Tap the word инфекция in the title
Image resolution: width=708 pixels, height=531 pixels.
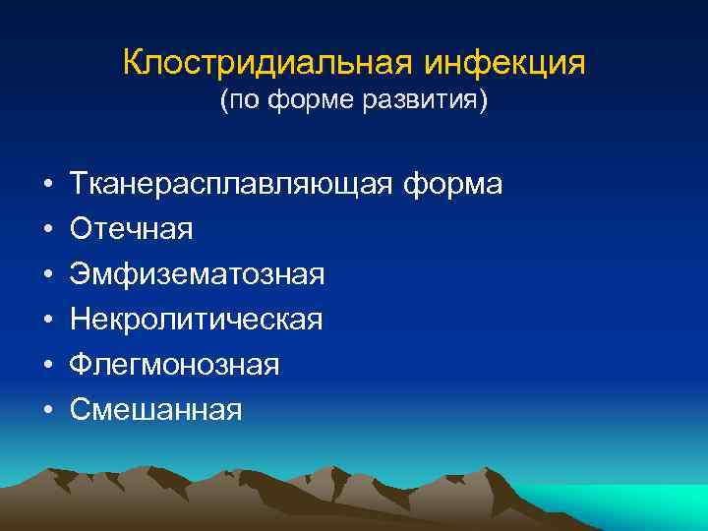pyautogui.click(x=504, y=64)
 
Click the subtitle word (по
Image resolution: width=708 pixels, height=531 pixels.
pyautogui.click(x=242, y=102)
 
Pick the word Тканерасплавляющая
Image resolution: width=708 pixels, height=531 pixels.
pyautogui.click(x=230, y=184)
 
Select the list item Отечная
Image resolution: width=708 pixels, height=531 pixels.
pyautogui.click(x=131, y=229)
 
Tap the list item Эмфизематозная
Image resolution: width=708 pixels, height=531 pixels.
pyautogui.click(x=197, y=274)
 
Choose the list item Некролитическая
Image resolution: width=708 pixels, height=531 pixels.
pyautogui.click(x=196, y=320)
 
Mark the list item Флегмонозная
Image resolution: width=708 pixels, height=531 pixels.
pyautogui.click(x=175, y=365)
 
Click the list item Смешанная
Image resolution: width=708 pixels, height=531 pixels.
pyautogui.click(x=155, y=410)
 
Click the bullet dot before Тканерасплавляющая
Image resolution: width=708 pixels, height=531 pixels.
pyautogui.click(x=47, y=185)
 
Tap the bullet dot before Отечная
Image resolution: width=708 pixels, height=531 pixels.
pyautogui.click(x=47, y=230)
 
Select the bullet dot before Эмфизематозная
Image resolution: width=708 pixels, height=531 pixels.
pyautogui.click(x=47, y=275)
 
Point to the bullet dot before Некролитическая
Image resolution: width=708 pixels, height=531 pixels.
pyautogui.click(x=47, y=321)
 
